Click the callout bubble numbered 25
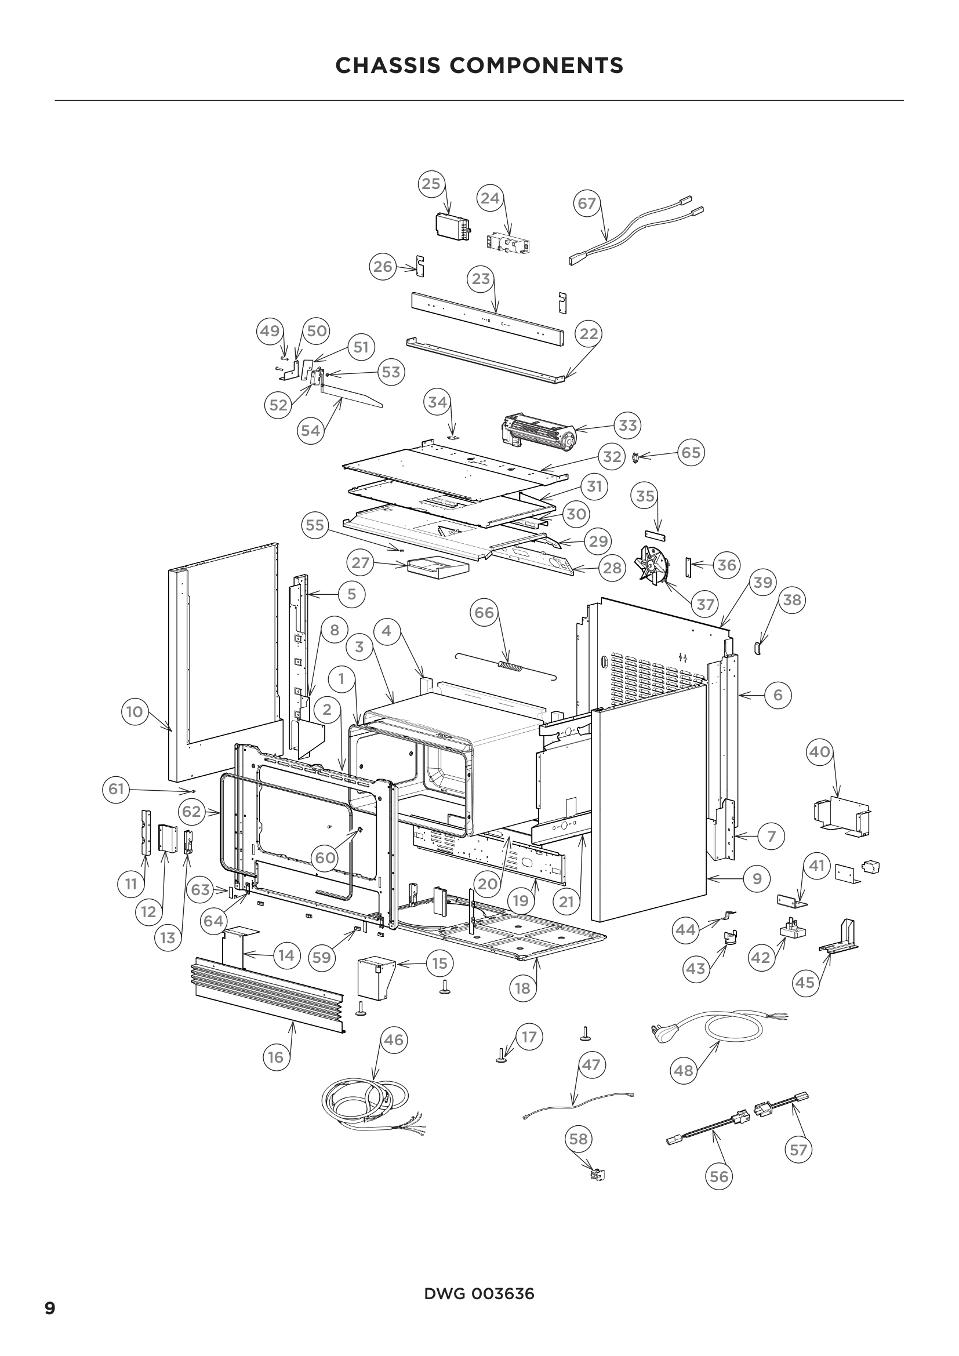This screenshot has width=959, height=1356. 431,184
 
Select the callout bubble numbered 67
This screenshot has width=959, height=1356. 587,203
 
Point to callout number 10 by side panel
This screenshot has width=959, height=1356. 135,711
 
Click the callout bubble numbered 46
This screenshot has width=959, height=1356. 393,1039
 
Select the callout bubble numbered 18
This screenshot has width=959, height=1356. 522,988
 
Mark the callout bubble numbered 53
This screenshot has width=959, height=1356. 391,372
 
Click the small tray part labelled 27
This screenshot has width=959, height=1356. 437,568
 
